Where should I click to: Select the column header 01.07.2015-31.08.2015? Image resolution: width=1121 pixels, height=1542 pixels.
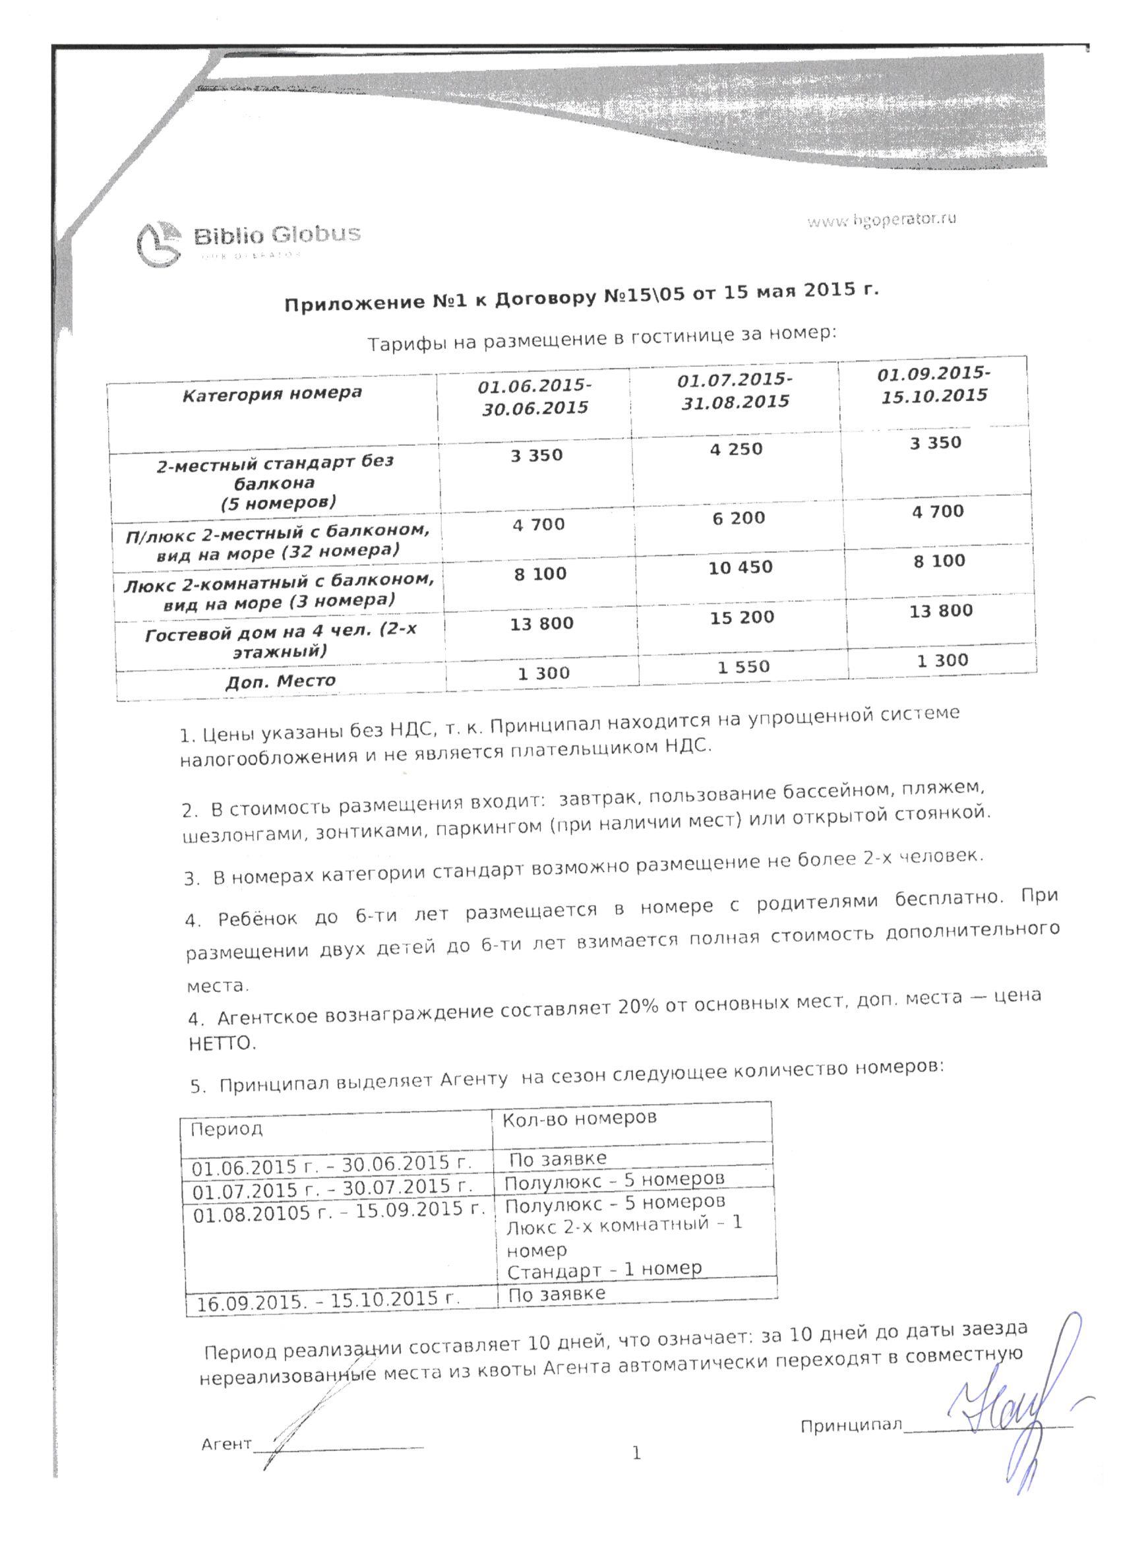735,390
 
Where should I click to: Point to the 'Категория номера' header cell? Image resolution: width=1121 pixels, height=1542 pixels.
272,394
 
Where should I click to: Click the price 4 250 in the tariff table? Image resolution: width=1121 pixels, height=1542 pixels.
736,449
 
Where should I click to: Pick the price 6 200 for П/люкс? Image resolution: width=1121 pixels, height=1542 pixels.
739,518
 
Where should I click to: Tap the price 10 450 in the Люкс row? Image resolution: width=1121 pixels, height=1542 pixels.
741,568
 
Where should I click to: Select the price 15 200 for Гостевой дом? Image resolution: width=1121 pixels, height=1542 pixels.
742,618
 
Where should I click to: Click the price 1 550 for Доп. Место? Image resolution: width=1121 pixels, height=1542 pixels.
744,667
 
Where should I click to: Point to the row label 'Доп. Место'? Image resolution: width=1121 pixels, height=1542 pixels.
280,681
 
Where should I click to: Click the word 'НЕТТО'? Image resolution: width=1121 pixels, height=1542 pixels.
222,1043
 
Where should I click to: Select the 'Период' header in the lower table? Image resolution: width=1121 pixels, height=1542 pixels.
226,1129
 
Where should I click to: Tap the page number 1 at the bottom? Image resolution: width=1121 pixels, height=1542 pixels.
636,1454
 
